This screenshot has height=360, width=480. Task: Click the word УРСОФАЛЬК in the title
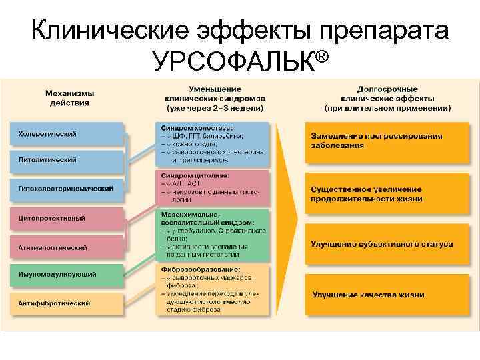tap(233, 61)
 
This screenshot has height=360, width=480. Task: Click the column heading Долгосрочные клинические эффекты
tap(387, 98)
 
